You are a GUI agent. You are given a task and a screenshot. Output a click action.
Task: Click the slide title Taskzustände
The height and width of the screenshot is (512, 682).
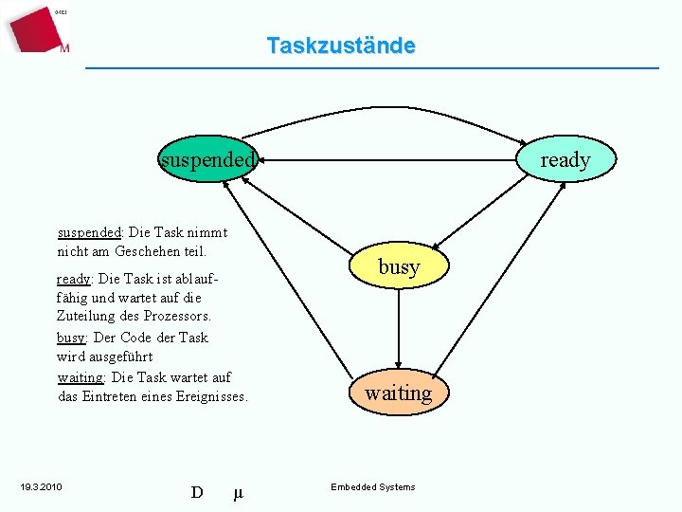point(340,46)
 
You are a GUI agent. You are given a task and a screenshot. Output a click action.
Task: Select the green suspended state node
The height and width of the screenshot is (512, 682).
point(207,159)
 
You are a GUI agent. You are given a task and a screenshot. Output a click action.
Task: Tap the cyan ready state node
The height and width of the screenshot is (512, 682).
point(565,159)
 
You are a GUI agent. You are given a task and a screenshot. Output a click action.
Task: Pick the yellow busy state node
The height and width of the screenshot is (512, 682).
point(399,267)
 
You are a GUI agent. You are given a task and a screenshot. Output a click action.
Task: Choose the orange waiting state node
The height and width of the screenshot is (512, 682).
point(399,393)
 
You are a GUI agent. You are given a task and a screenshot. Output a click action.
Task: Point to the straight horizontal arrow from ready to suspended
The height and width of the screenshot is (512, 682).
point(388,160)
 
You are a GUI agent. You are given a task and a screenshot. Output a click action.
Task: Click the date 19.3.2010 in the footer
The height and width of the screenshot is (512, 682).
point(41,487)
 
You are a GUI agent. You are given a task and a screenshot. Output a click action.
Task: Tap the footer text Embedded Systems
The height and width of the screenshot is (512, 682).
point(372,487)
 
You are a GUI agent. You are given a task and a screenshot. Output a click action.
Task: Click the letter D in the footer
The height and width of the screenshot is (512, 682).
point(197,492)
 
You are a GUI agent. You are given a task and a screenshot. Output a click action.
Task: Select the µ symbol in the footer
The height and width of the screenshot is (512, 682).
point(238,492)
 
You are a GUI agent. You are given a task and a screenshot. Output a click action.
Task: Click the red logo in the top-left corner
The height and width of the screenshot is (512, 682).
point(36,27)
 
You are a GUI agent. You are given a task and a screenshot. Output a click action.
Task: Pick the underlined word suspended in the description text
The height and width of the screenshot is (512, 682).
point(90,231)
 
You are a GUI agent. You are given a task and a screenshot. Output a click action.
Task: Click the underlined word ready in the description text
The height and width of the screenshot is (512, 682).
point(74,279)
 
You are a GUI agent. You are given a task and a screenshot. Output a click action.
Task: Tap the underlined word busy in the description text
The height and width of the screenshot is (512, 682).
point(71,338)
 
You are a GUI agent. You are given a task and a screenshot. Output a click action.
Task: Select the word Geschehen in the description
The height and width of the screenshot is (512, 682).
point(148,251)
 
